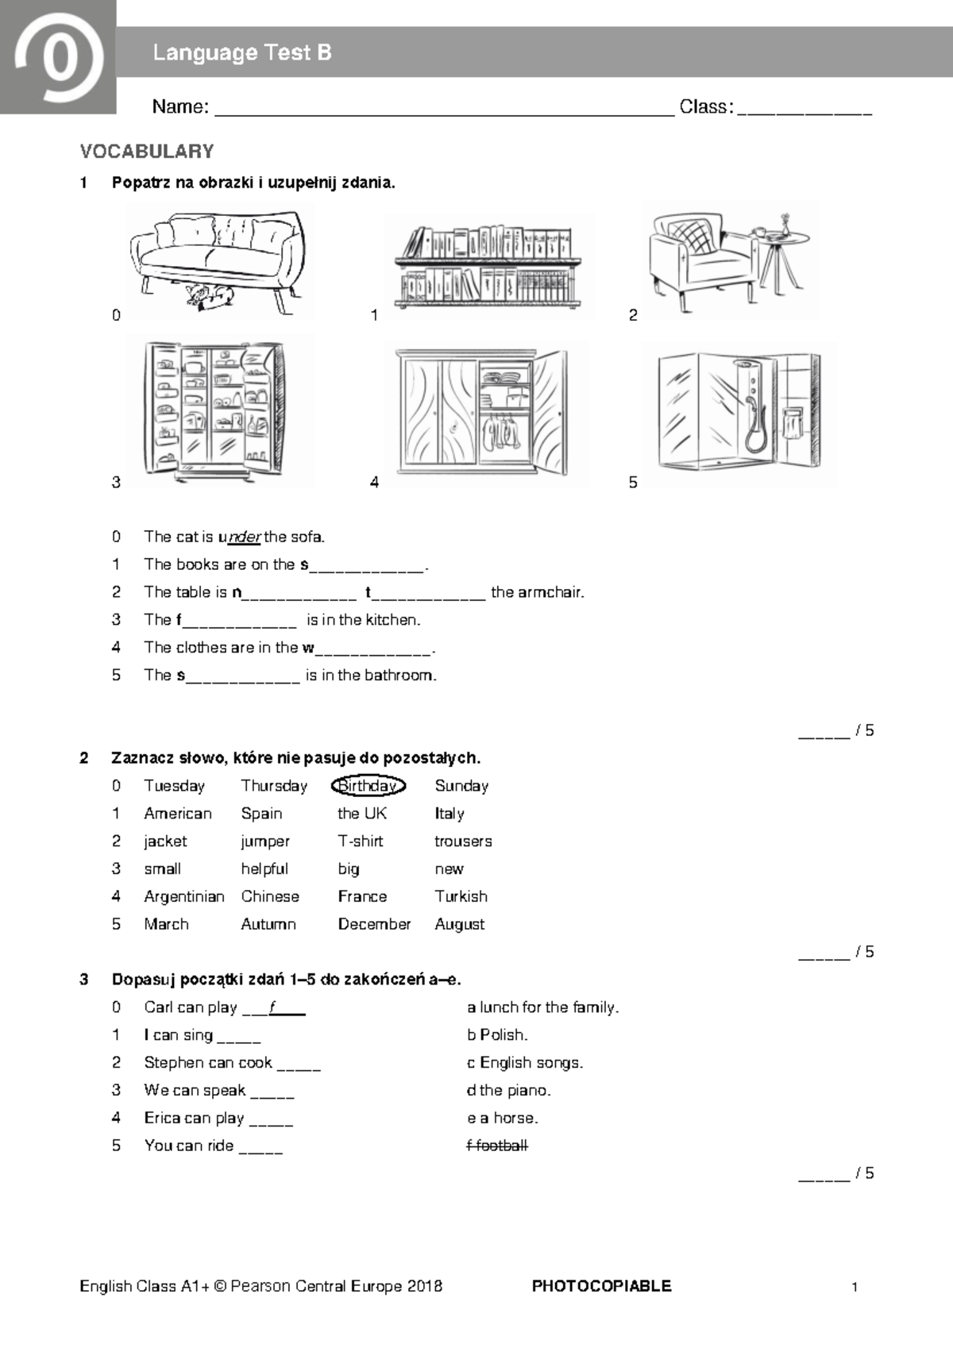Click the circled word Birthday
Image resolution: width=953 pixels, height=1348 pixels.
coord(368,786)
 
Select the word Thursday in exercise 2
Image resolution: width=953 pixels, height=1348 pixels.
coord(274,786)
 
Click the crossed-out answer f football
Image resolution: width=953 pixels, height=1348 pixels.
coord(497,1146)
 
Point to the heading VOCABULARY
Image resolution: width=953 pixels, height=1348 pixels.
coord(147,152)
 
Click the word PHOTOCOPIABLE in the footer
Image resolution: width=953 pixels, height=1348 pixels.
coord(601,1286)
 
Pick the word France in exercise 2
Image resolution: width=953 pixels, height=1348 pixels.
coord(362,896)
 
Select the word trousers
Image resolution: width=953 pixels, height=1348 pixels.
coord(463,842)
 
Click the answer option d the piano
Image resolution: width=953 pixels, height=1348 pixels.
coord(508,1090)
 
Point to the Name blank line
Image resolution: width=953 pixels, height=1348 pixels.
coord(445,111)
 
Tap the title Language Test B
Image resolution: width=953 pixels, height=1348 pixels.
coord(241,53)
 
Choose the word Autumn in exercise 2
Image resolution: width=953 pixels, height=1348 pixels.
coord(268,924)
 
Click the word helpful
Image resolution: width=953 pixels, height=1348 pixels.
coord(264,869)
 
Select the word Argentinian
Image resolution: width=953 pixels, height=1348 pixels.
coord(184,896)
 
